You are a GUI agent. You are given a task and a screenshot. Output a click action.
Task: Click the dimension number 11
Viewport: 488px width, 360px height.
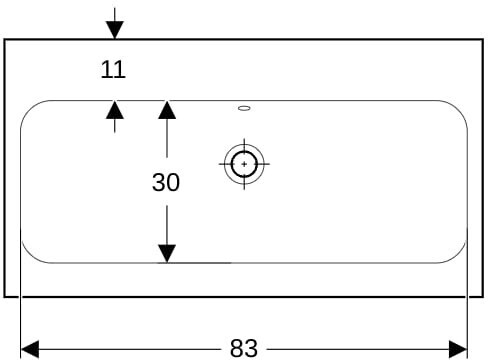coord(113,70)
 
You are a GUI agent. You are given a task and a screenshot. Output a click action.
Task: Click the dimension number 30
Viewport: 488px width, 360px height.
coord(166,182)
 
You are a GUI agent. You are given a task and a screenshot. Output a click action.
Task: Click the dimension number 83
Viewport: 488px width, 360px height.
coord(244,348)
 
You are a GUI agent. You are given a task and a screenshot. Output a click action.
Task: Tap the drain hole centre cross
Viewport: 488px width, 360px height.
coord(244,164)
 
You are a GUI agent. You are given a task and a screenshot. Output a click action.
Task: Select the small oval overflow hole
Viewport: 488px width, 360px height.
coord(244,108)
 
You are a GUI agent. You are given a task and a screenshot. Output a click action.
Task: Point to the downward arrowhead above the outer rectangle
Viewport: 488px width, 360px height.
coord(115,30)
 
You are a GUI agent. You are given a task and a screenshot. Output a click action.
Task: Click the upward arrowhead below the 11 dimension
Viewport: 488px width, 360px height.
coord(115,110)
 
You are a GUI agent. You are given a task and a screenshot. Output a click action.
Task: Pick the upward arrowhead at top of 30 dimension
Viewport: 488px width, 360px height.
coord(167,110)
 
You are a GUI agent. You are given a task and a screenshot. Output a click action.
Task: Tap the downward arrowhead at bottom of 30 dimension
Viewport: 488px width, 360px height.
coord(167,254)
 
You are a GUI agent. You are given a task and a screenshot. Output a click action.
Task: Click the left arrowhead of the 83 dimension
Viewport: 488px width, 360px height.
coord(30,349)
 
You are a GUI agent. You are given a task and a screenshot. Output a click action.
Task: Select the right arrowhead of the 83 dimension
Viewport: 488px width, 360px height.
coord(458,349)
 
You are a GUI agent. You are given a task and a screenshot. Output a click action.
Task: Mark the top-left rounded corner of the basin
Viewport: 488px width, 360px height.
coord(27,107)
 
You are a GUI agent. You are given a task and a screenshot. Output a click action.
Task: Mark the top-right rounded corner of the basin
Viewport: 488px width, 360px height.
coord(460,107)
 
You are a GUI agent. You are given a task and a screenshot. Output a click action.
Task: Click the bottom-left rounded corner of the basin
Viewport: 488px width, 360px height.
coord(28,257)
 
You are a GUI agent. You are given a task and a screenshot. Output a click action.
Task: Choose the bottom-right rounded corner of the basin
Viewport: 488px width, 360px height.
coord(459,257)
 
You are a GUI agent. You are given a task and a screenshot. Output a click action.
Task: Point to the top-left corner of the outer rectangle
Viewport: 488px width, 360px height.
coord(5,40)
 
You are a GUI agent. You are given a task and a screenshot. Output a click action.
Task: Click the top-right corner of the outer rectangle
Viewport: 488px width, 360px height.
coord(483,40)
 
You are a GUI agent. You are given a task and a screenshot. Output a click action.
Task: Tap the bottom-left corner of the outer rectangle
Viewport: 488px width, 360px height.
coord(5,296)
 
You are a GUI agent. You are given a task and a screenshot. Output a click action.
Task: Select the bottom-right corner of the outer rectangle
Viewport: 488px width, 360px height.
coord(483,296)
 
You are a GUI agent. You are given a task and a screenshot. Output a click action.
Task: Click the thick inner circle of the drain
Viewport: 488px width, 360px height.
coord(244,151)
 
